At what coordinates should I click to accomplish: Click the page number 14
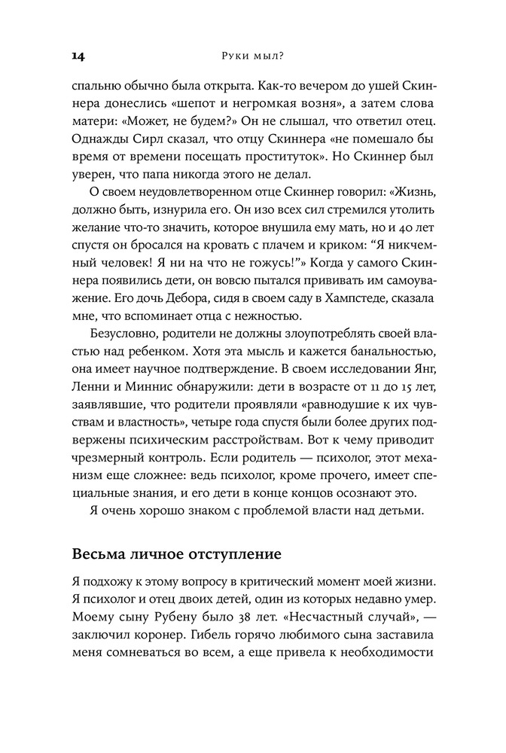coord(78,54)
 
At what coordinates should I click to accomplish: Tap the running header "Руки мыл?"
coord(253,54)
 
